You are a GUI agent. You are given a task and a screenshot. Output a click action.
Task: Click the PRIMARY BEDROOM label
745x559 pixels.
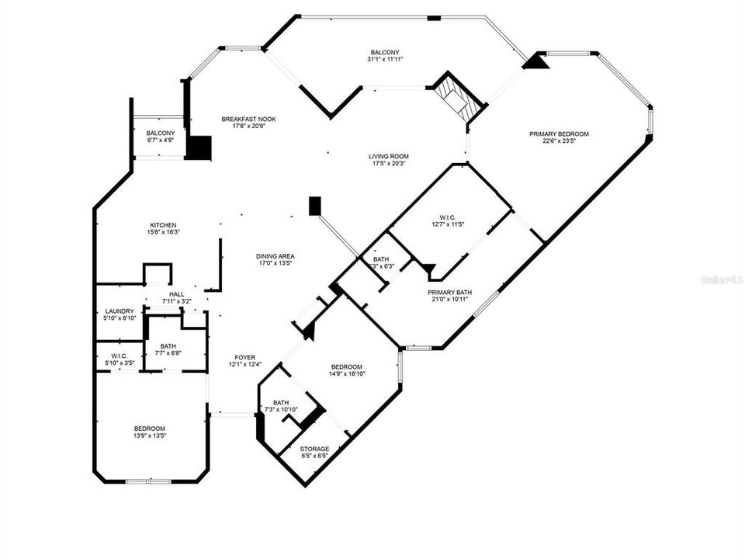pos(559,134)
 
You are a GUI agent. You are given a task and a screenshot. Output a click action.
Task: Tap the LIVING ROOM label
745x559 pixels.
pos(387,156)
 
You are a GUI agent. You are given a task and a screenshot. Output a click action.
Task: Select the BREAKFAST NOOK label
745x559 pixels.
pos(248,119)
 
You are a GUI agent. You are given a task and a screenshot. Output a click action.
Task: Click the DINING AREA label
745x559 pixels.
pos(275,255)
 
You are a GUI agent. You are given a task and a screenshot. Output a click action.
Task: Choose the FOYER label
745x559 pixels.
pos(244,357)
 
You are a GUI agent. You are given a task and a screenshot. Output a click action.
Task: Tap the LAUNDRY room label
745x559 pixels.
pos(120,311)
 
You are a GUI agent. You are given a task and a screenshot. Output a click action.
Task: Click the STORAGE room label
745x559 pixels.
pos(315,449)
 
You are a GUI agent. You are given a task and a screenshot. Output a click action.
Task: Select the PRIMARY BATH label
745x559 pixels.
pos(450,293)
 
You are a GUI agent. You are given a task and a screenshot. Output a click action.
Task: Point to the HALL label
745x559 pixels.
pos(176,294)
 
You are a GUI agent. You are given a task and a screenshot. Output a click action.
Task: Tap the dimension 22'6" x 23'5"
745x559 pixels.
pos(559,141)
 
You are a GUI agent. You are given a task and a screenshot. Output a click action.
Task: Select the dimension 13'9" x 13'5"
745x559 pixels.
pos(149,436)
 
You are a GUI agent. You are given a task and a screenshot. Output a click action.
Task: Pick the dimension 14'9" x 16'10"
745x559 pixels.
pos(346,373)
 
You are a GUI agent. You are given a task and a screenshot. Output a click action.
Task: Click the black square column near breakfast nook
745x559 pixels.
pos(199,148)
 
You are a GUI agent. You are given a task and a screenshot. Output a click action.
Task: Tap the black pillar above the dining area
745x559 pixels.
pos(314,205)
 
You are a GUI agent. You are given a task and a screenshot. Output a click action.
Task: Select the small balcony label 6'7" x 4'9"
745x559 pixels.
pos(161,141)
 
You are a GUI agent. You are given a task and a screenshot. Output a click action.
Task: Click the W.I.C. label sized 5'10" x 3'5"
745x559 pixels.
pos(120,363)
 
